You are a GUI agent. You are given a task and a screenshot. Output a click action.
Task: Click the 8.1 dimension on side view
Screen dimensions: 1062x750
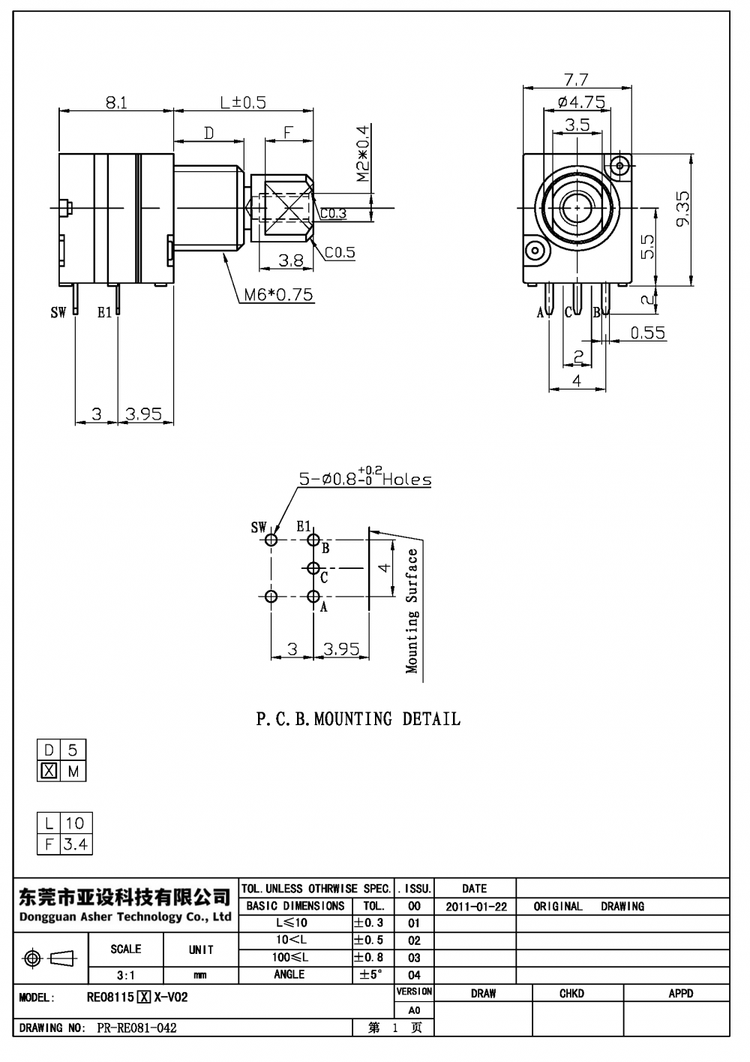tap(115, 102)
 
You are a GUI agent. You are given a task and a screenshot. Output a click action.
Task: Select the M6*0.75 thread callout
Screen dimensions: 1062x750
tap(278, 295)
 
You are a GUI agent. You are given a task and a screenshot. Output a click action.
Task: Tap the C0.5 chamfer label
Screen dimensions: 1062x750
tap(340, 253)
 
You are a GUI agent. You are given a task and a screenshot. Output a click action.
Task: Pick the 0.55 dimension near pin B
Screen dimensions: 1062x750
tap(647, 332)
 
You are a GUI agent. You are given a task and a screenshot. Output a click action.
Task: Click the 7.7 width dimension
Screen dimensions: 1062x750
tap(576, 79)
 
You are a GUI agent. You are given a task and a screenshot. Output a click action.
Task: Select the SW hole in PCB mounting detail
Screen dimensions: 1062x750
tap(271, 540)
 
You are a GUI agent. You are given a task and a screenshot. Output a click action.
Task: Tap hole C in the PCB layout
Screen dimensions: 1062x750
tap(313, 568)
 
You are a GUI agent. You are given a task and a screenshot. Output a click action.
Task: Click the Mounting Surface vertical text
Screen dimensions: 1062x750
tap(412, 610)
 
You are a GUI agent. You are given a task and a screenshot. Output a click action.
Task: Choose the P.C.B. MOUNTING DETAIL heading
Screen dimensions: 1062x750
tap(358, 719)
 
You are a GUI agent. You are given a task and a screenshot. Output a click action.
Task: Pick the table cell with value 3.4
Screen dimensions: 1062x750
tap(75, 844)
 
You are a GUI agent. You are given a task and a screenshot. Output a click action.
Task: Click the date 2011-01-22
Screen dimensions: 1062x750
tap(475, 907)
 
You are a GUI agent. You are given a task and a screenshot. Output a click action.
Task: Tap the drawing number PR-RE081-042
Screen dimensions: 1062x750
tap(137, 1028)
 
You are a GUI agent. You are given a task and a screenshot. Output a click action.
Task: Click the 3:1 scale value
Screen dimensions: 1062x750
tap(125, 975)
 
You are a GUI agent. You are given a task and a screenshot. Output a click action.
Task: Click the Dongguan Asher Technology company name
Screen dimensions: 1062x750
tap(124, 917)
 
